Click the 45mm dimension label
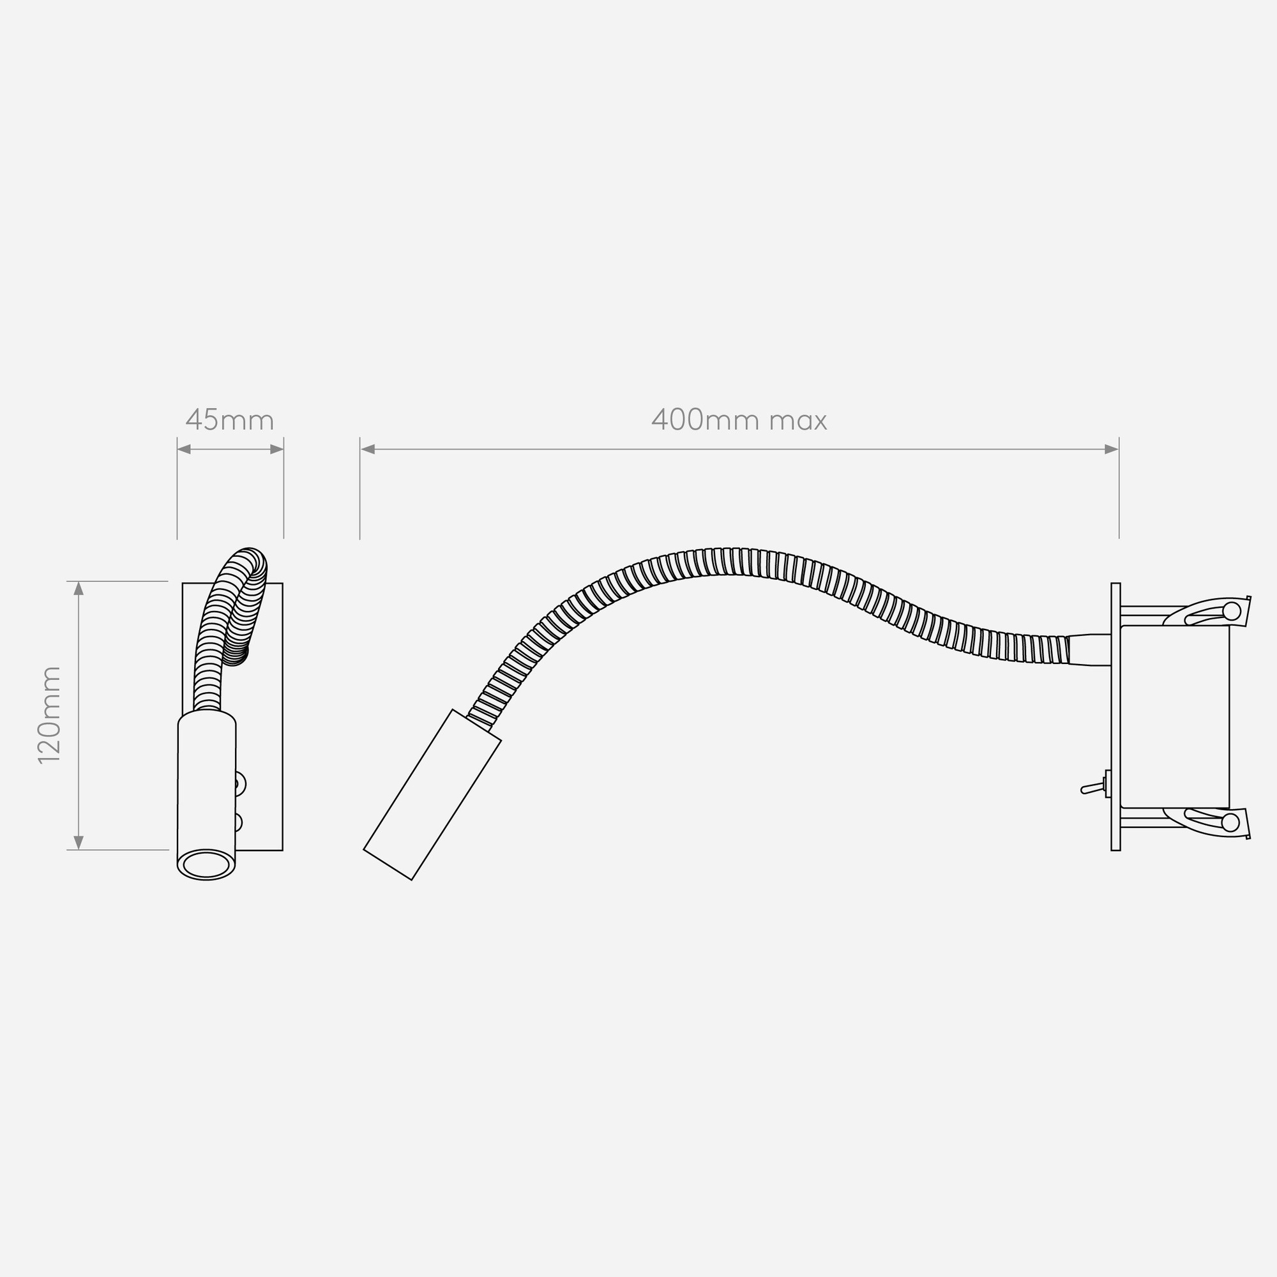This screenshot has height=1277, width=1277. (x=229, y=420)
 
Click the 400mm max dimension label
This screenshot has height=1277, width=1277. (x=739, y=420)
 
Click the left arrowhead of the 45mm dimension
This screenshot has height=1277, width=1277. (x=185, y=450)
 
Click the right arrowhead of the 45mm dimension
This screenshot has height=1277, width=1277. (x=277, y=450)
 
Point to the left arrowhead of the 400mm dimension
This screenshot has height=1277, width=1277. (x=368, y=450)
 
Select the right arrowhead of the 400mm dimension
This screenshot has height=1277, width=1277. (x=1112, y=450)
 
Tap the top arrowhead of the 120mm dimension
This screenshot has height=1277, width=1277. (x=79, y=588)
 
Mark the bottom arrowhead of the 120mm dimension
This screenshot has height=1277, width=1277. (x=79, y=843)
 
